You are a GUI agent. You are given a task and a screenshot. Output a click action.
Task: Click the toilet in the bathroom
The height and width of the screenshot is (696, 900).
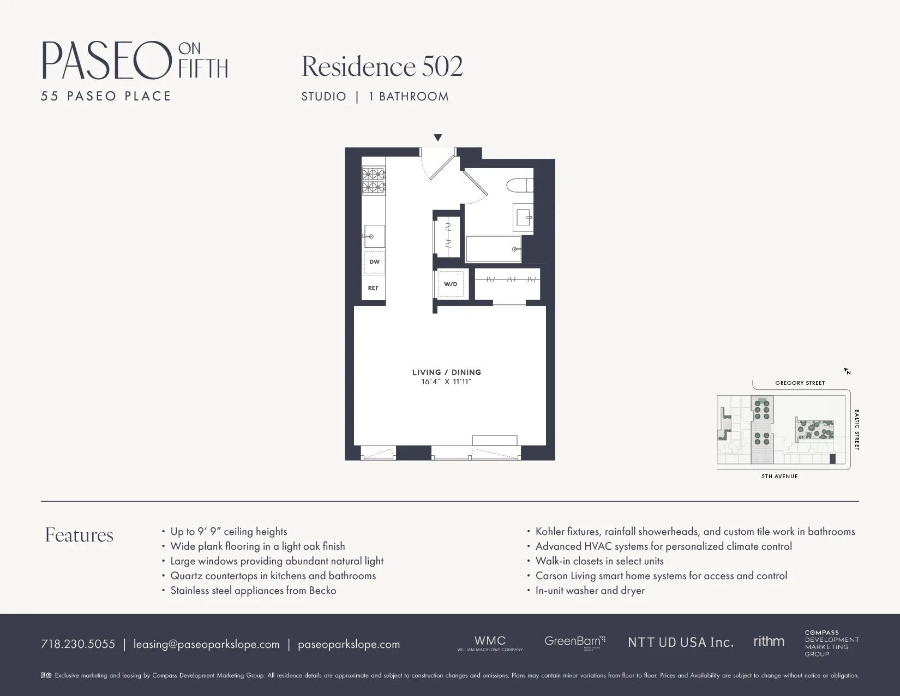(x=519, y=186)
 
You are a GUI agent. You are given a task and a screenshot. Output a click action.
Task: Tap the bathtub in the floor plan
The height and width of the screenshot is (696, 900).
(x=493, y=249)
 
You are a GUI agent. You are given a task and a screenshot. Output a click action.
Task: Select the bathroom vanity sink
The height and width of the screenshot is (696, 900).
(x=524, y=217)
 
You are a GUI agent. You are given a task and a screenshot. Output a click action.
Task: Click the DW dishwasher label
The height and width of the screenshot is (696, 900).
(x=374, y=262)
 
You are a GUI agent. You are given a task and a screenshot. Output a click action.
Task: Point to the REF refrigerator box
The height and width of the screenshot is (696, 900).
(x=374, y=288)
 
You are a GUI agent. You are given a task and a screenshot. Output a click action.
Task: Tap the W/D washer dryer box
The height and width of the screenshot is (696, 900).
(x=451, y=284)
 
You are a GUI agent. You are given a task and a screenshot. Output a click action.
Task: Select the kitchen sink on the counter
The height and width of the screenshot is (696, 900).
(x=374, y=236)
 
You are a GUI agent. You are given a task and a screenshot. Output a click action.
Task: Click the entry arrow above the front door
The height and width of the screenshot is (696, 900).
(x=437, y=138)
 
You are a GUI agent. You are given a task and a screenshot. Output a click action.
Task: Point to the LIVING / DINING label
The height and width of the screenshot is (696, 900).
(x=447, y=372)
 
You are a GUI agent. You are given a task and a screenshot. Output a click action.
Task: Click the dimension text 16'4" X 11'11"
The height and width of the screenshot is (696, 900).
(x=446, y=382)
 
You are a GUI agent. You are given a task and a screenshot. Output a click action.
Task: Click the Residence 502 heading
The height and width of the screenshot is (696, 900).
(x=382, y=67)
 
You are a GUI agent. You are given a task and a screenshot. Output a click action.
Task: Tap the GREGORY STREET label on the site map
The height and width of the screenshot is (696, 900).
(x=800, y=383)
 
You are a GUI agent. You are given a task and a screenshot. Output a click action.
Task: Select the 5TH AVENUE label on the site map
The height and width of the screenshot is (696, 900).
(x=779, y=477)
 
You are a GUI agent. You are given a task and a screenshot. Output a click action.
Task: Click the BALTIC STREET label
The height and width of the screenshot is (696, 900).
(x=857, y=430)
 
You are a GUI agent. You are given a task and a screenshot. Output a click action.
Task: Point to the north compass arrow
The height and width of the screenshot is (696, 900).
(x=847, y=371)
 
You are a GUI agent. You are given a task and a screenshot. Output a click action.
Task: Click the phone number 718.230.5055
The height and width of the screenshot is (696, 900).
(x=78, y=644)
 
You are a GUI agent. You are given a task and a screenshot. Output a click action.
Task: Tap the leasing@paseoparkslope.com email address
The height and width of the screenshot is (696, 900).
(x=207, y=644)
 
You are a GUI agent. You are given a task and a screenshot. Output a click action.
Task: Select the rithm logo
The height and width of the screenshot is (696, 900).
(x=769, y=641)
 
